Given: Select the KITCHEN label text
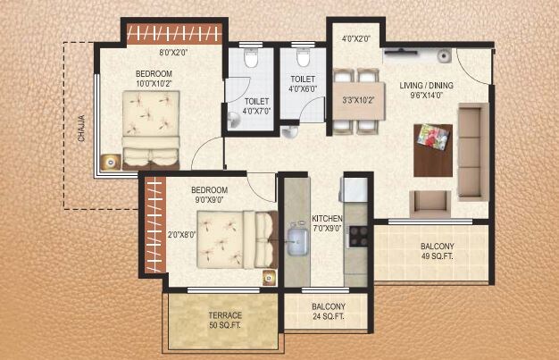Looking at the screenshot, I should pos(327,223).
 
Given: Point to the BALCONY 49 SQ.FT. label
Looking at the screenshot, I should pos(438,251).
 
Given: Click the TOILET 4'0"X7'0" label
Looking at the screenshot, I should pos(259,108).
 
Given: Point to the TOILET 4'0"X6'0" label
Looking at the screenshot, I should pos(302,83).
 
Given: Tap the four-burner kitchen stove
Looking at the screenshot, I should pos(359,236).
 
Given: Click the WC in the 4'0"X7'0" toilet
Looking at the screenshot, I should pos(251,59).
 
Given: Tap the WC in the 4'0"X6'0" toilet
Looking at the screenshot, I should pos(302,59).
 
